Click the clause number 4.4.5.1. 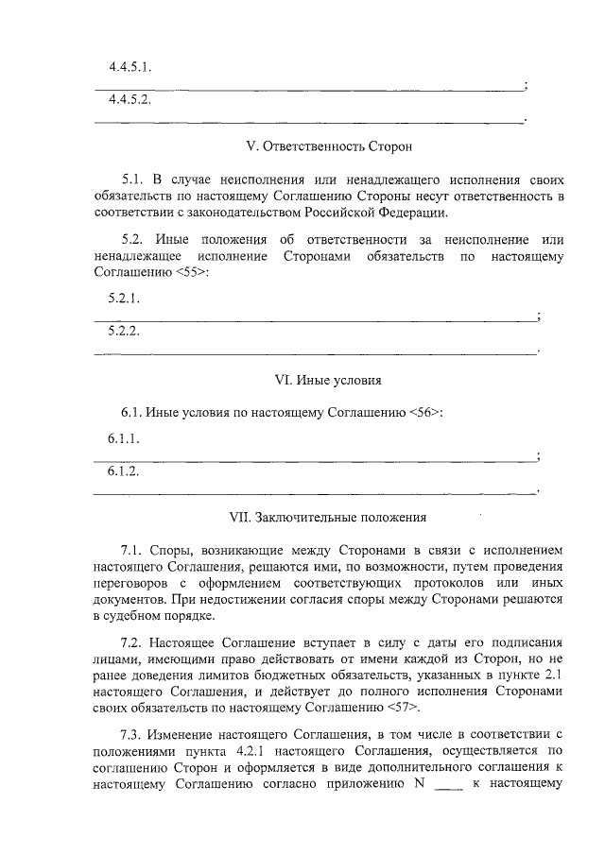coord(131,68)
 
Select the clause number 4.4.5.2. coord(131,99)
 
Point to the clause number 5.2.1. coord(124,299)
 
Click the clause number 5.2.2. coord(124,331)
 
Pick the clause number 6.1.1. coord(124,439)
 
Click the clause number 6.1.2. coord(124,470)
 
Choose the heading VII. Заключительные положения coord(328,518)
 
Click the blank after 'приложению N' coord(445,783)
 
